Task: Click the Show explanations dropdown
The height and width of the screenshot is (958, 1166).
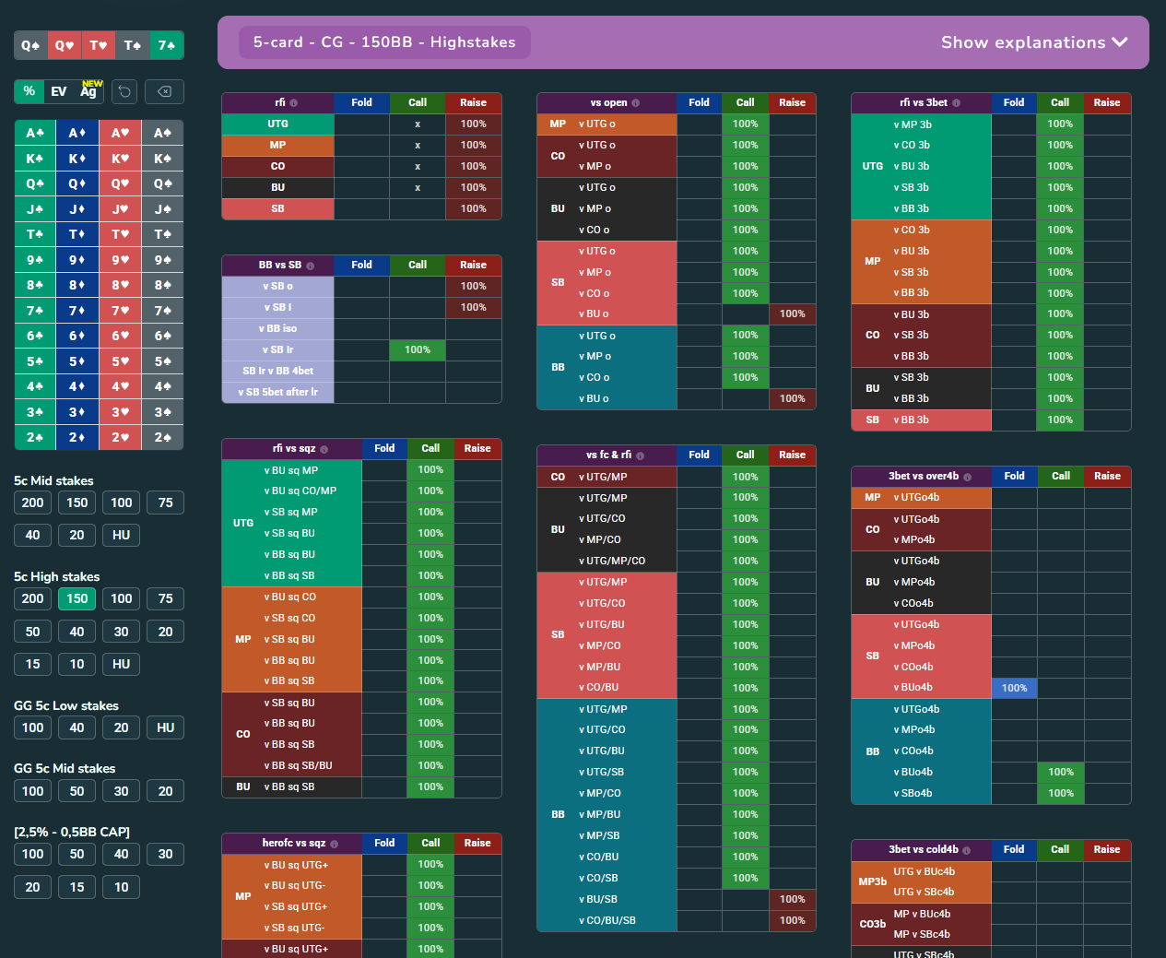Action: [x=1033, y=42]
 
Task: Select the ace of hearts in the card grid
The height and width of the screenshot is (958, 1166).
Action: [x=120, y=133]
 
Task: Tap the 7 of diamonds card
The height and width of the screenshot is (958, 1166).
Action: [x=77, y=311]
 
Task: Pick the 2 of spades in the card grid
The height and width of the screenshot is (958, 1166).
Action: [x=162, y=437]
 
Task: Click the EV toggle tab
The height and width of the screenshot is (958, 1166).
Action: [x=59, y=91]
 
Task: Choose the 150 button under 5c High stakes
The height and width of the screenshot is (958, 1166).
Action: [x=77, y=598]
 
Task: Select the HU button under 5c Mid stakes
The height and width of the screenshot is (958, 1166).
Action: [x=122, y=535]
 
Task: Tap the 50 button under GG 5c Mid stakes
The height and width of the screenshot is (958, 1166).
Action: [x=77, y=791]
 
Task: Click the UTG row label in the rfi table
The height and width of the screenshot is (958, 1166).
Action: [x=277, y=124]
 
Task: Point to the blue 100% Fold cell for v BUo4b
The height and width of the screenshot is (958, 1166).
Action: [x=1014, y=688]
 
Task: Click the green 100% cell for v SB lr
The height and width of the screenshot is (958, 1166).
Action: [x=418, y=350]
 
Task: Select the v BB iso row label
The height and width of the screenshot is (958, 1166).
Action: [x=277, y=329]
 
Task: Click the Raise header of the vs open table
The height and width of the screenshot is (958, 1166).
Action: [x=792, y=102]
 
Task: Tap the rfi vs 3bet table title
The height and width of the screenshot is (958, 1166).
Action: [x=924, y=102]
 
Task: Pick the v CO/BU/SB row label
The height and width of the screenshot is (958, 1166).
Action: [x=607, y=920]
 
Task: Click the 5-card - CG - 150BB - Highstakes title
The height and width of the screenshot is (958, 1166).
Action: [x=384, y=42]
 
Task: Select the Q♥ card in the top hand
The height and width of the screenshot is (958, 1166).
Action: [x=65, y=45]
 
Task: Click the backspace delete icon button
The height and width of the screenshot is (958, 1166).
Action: [x=164, y=91]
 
